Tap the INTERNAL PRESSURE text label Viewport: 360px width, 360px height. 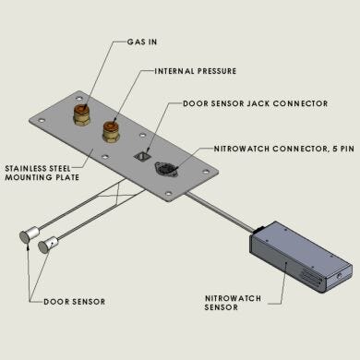coord(197,70)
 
